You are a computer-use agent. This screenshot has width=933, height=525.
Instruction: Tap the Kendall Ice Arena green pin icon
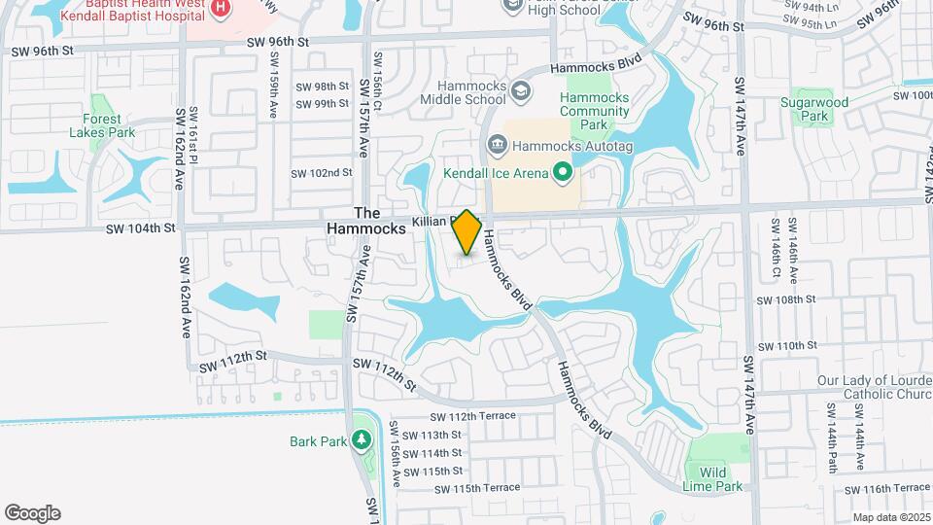click(x=562, y=174)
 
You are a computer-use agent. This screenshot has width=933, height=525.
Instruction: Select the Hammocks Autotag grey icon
click(x=497, y=146)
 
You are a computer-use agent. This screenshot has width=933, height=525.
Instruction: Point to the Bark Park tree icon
click(x=362, y=440)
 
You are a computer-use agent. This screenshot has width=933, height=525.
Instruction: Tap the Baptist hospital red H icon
click(x=220, y=8)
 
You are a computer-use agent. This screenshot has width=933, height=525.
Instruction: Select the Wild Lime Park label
click(x=719, y=479)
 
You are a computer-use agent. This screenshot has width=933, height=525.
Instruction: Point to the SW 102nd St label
click(x=321, y=173)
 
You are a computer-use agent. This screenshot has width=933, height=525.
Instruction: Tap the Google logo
click(x=33, y=513)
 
